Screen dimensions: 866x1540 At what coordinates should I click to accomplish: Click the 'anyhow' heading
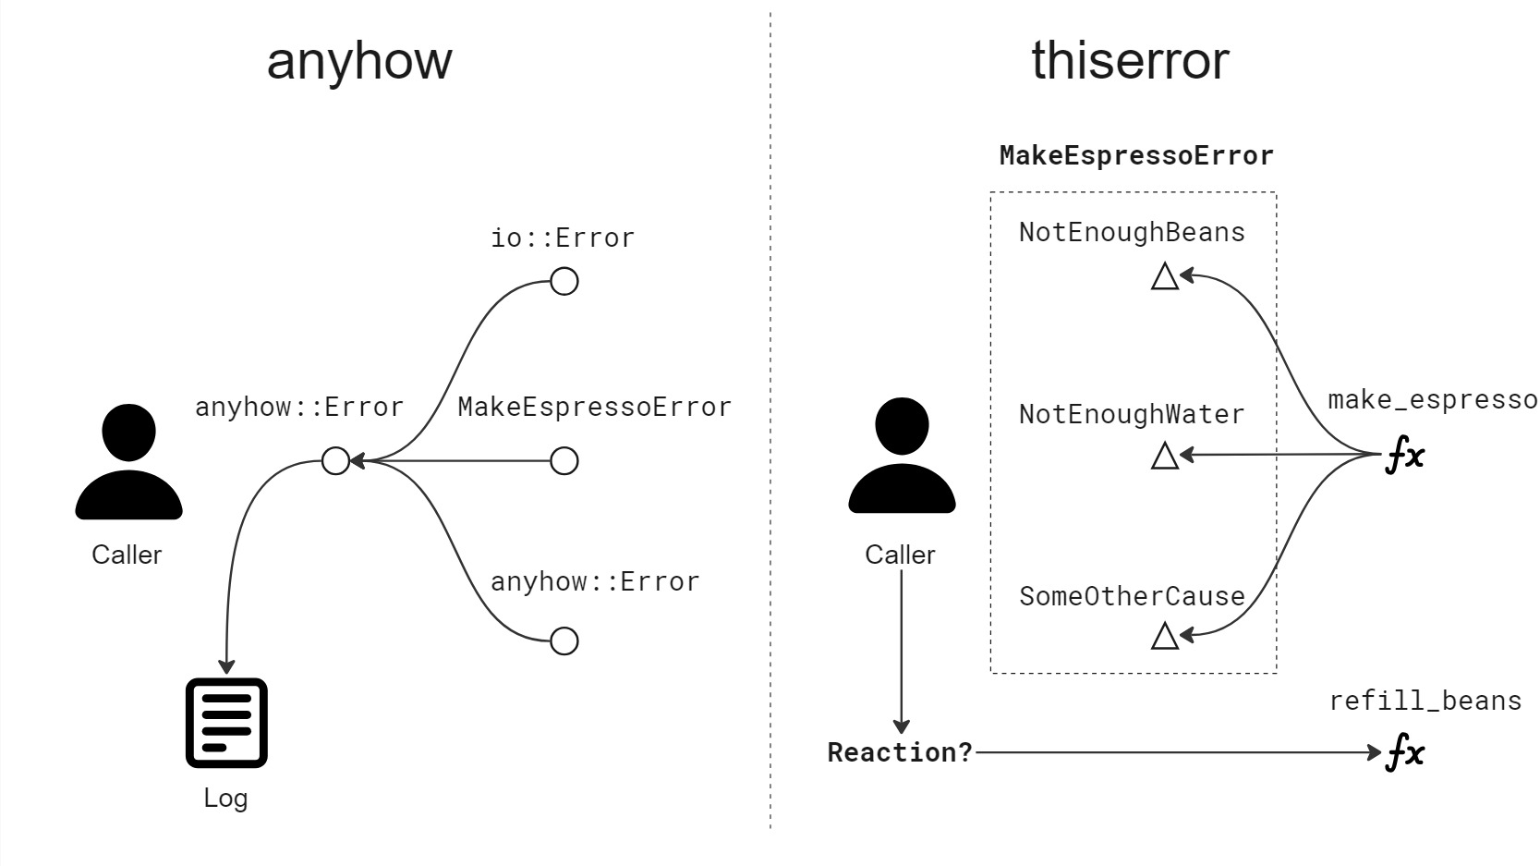click(x=359, y=61)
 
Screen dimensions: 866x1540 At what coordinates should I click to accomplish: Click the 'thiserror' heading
click(x=1129, y=61)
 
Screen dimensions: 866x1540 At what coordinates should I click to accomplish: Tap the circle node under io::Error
click(x=564, y=281)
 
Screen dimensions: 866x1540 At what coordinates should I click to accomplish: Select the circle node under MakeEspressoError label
click(x=564, y=460)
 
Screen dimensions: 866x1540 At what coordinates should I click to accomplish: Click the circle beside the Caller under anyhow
click(x=335, y=460)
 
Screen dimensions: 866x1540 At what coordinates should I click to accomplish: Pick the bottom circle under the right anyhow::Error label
click(x=564, y=640)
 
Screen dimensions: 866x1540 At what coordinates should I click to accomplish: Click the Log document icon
click(x=226, y=723)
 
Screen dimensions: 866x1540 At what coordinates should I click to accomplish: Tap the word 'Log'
click(x=225, y=799)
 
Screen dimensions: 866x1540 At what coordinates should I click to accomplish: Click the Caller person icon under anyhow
click(x=128, y=462)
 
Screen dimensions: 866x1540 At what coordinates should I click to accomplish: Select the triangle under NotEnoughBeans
click(x=1165, y=276)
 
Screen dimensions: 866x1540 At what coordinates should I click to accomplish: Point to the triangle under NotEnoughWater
click(x=1165, y=456)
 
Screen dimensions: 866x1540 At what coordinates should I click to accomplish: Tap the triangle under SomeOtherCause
click(x=1165, y=636)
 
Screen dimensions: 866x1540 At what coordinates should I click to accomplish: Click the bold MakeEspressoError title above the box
click(x=1135, y=155)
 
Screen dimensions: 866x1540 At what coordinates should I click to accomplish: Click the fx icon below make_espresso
click(x=1404, y=456)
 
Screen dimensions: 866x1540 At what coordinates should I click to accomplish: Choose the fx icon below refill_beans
click(x=1404, y=752)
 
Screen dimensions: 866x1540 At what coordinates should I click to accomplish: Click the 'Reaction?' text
click(x=900, y=752)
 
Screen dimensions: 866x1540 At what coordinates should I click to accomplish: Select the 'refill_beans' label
click(x=1425, y=701)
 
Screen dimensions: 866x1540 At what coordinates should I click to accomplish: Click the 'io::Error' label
click(x=562, y=238)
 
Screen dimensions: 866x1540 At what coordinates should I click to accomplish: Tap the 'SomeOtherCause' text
click(x=1131, y=596)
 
